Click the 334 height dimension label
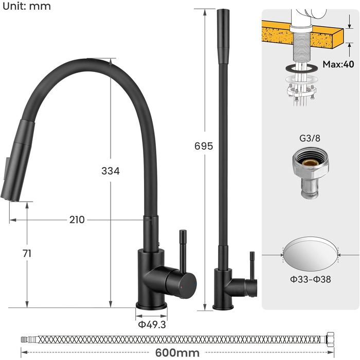click(x=111, y=171)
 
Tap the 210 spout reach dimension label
click(x=77, y=220)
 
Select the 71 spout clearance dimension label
click(x=27, y=254)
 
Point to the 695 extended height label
click(x=204, y=146)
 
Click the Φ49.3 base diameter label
click(x=152, y=325)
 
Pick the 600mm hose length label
click(x=177, y=353)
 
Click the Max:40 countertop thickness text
click(x=338, y=64)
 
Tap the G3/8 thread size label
click(x=310, y=138)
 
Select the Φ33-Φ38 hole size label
click(x=311, y=279)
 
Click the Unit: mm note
click(x=27, y=6)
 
